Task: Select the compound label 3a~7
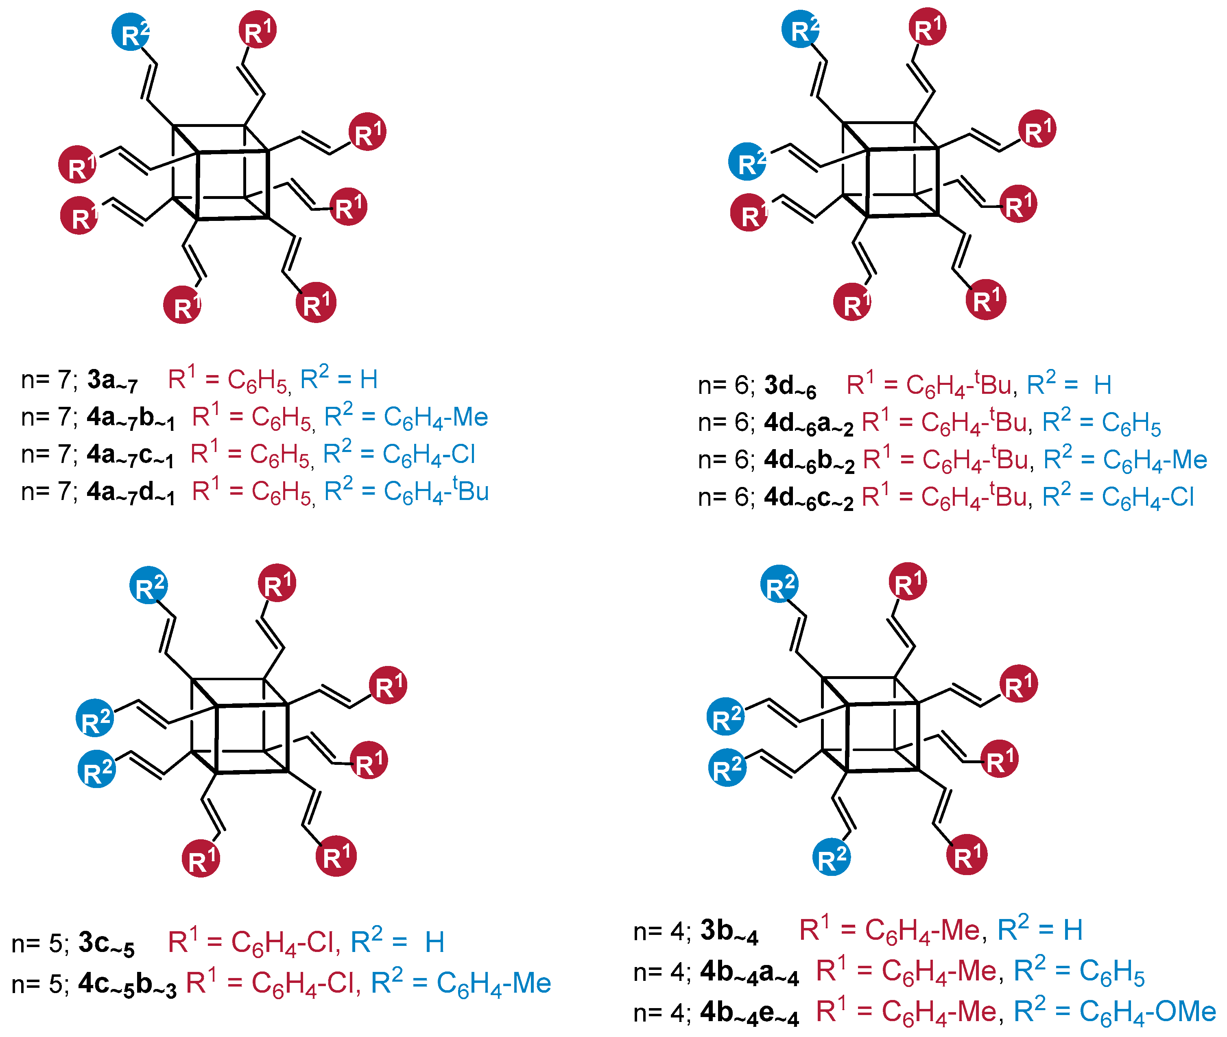(112, 380)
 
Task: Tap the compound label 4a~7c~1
(131, 456)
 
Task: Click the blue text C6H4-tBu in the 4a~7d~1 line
(436, 491)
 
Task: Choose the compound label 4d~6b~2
(808, 461)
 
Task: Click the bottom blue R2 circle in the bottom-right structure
(831, 858)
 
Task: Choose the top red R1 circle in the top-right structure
(927, 27)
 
